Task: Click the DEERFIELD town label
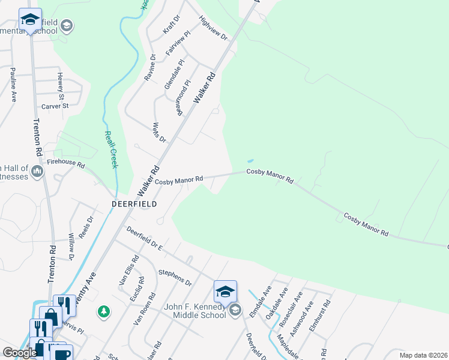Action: point(134,204)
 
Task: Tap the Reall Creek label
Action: point(110,149)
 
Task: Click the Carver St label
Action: point(55,106)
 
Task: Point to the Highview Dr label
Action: point(214,28)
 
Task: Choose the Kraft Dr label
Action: point(171,25)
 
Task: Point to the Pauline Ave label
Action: point(13,85)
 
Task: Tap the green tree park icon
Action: point(104,311)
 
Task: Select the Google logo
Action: point(20,353)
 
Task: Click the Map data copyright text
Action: point(423,355)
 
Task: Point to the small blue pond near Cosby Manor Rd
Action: point(250,161)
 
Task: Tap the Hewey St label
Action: point(60,85)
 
